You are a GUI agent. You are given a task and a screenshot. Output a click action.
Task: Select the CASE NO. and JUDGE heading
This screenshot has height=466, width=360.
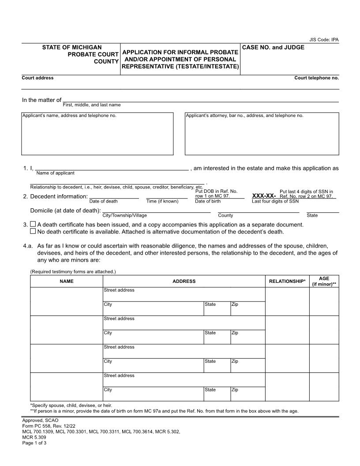click(x=273, y=47)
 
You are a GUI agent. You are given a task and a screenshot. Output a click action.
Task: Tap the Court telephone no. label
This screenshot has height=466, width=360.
click(x=316, y=78)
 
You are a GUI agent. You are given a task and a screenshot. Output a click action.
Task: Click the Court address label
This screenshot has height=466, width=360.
click(x=37, y=78)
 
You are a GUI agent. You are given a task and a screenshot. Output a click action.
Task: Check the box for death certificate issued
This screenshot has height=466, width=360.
click(x=33, y=225)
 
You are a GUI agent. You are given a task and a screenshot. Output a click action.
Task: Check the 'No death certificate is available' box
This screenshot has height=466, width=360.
click(x=33, y=231)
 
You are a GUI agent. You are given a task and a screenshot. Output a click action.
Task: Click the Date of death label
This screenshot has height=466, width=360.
click(x=103, y=201)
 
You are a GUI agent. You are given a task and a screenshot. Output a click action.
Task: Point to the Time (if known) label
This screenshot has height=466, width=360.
click(x=162, y=201)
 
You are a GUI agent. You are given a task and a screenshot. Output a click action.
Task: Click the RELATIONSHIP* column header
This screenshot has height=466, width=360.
click(x=287, y=281)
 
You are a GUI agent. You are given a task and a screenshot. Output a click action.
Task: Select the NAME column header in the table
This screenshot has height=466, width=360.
click(x=67, y=281)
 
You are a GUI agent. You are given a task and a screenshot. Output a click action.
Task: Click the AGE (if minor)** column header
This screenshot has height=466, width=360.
click(x=324, y=281)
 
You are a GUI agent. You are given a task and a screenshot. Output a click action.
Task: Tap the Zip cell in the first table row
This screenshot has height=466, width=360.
click(x=247, y=308)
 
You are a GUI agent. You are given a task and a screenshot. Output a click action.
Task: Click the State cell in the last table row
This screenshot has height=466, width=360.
click(x=217, y=394)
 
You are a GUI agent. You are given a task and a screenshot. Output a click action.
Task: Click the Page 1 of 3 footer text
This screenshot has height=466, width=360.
click(x=34, y=443)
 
